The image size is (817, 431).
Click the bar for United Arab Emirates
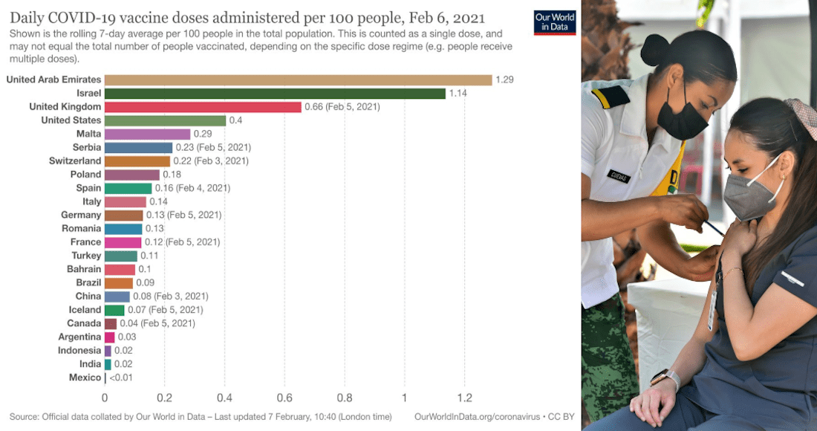click(x=298, y=80)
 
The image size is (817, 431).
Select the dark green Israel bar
click(x=275, y=94)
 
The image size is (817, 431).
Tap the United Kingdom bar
click(x=203, y=107)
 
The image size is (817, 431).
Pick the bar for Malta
click(x=147, y=134)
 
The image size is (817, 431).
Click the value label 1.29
click(x=505, y=80)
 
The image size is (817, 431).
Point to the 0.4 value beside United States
click(x=235, y=120)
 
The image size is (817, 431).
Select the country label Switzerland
click(x=75, y=161)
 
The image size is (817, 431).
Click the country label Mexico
click(x=85, y=377)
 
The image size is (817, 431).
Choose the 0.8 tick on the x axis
click(x=345, y=398)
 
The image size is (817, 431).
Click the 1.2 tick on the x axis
click(x=465, y=398)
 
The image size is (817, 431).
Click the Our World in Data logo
click(x=554, y=22)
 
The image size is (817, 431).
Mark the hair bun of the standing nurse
click(x=654, y=50)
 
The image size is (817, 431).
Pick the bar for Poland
click(x=131, y=175)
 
